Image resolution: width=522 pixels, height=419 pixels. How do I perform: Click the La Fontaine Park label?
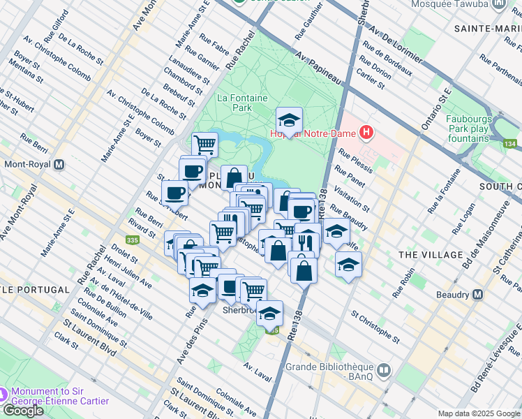click(242, 103)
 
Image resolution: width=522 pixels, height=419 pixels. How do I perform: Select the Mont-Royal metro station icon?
click(59, 166)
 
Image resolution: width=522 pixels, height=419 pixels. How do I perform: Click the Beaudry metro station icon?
click(477, 295)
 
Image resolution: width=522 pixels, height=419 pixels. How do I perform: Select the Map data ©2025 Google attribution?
click(479, 413)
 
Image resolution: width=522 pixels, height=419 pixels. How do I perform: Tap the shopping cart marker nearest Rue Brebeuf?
click(205, 145)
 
